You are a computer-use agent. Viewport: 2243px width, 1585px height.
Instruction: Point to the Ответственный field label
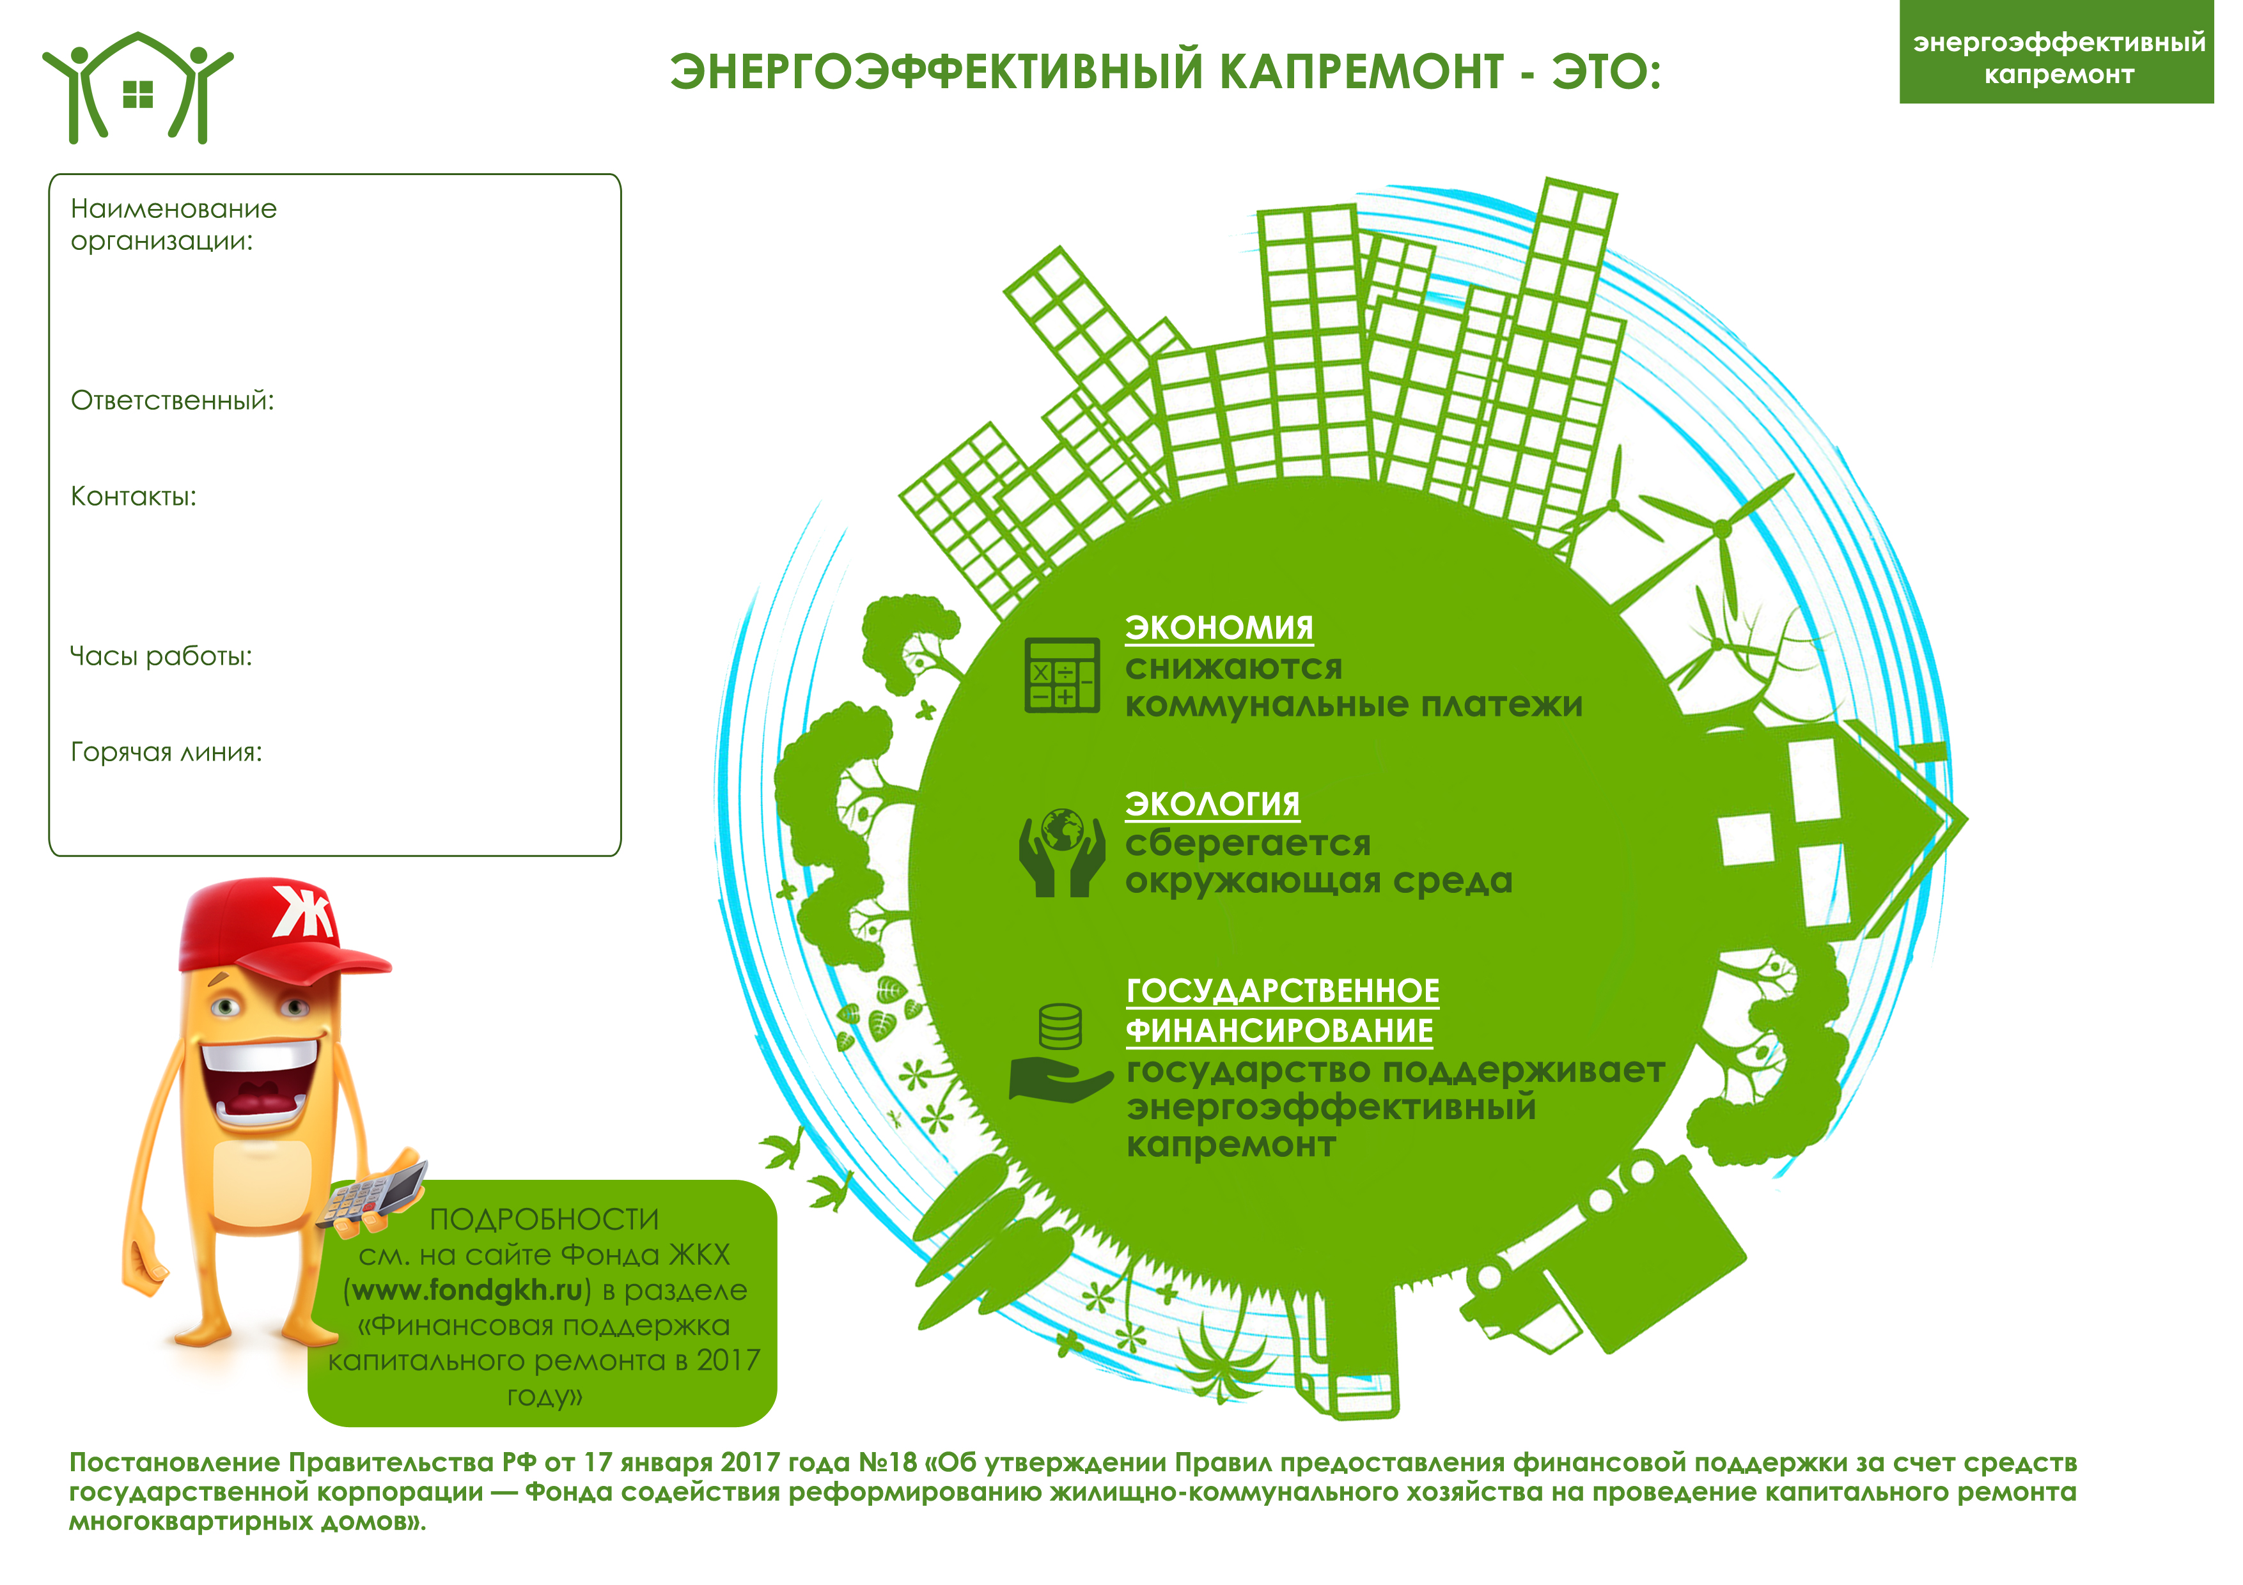172,400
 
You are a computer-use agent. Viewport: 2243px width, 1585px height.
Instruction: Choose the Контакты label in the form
133,496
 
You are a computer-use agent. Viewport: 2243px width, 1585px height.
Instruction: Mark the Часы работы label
160,656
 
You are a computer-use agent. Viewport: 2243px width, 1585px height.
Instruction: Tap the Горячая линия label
166,752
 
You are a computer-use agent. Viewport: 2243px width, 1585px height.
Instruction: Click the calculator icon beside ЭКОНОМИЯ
1062,675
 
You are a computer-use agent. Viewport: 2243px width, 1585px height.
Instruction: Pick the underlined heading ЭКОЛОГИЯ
1212,805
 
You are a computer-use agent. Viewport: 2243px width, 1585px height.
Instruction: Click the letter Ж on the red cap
301,913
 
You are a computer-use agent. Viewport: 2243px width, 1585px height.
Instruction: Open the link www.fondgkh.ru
467,1291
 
